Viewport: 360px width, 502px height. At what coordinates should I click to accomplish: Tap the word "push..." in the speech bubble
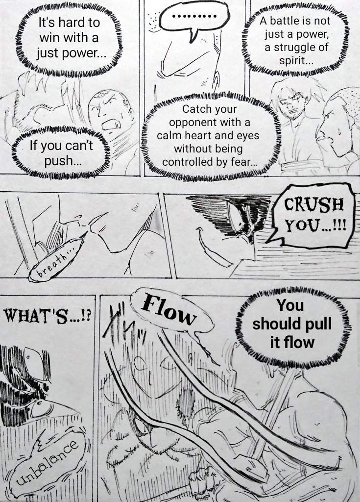pos(63,160)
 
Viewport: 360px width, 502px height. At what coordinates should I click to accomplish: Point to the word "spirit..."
pos(296,61)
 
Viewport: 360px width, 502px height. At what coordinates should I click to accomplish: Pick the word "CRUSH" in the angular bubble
pos(314,204)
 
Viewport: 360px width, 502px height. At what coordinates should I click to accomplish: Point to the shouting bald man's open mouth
pos(111,125)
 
